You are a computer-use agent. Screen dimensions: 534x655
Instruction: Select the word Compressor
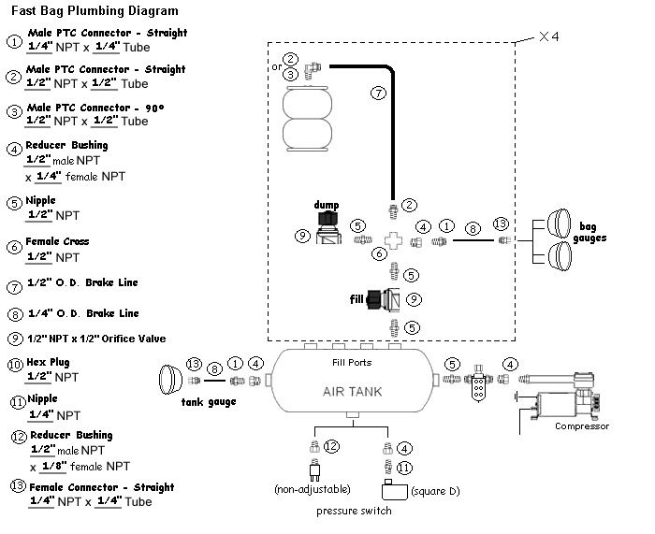click(581, 426)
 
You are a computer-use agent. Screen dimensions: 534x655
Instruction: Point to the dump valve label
click(327, 204)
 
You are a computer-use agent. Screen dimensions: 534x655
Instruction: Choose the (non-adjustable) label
click(313, 490)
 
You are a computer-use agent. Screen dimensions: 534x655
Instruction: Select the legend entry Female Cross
click(57, 241)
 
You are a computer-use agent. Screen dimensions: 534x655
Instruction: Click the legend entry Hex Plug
click(48, 362)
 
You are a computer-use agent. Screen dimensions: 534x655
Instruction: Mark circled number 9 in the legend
click(14, 339)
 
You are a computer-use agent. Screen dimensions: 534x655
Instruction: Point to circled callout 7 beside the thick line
click(378, 94)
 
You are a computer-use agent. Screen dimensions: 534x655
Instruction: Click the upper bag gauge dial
click(560, 224)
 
